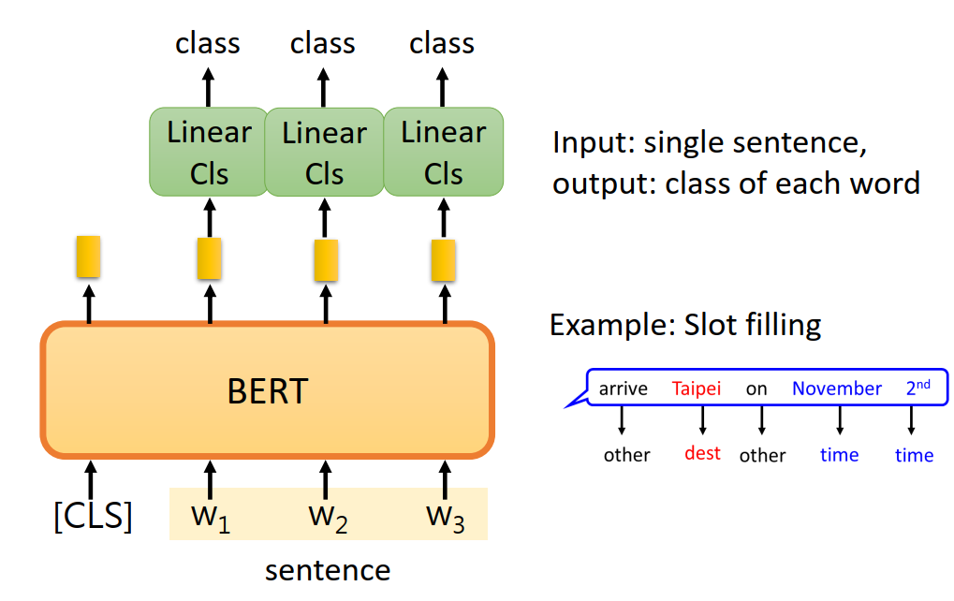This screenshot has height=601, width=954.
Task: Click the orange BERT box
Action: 267,390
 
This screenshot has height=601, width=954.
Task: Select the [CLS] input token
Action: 92,516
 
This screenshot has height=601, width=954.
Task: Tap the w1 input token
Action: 211,517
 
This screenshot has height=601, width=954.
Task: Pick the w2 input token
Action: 328,517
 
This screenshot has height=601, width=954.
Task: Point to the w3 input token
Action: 445,517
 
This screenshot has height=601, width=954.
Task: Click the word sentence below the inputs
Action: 328,569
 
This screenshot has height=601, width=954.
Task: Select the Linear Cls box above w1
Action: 209,153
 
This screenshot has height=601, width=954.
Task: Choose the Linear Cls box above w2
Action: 324,153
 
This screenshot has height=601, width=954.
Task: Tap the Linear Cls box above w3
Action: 443,153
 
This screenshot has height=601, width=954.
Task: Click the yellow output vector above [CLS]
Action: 88,257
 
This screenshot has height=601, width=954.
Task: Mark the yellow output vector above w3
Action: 443,260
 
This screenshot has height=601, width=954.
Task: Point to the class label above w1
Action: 208,43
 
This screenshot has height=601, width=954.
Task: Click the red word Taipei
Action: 697,388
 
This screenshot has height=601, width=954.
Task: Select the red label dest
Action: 702,453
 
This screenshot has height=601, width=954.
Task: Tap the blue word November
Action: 837,388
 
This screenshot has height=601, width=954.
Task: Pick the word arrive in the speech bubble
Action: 623,388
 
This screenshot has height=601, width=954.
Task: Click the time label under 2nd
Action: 914,455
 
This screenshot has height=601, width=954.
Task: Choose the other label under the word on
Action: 762,455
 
